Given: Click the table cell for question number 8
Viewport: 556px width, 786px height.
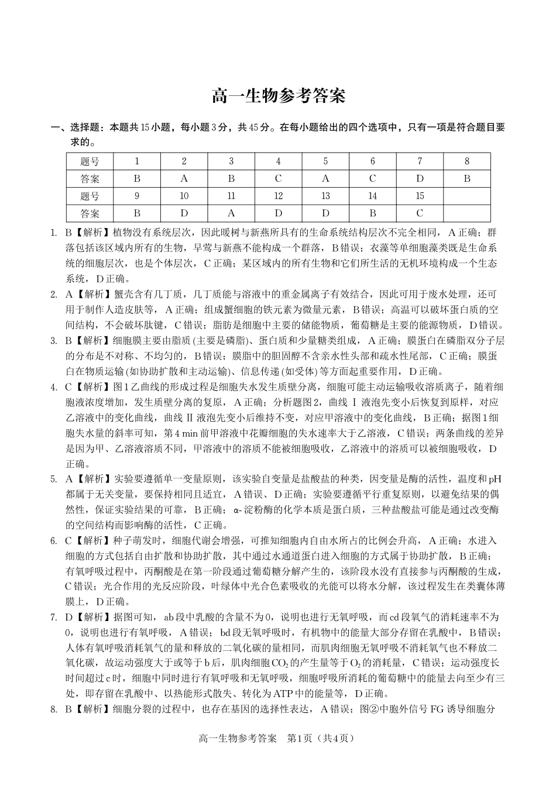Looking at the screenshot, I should click(466, 161).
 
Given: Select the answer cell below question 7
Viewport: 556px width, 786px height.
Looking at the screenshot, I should click(420, 179).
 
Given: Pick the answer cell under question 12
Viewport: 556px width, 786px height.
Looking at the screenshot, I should click(278, 213).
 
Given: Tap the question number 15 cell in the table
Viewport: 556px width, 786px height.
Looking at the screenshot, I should click(420, 196).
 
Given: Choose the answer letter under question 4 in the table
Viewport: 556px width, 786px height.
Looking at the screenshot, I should click(278, 179).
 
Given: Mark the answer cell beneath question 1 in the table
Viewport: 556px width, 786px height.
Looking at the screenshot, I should click(137, 179).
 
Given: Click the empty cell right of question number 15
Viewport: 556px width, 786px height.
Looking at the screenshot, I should click(466, 196).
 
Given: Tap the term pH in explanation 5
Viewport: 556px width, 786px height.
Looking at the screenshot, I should click(495, 479).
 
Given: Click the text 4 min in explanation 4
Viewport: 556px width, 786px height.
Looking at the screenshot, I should click(176, 433).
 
